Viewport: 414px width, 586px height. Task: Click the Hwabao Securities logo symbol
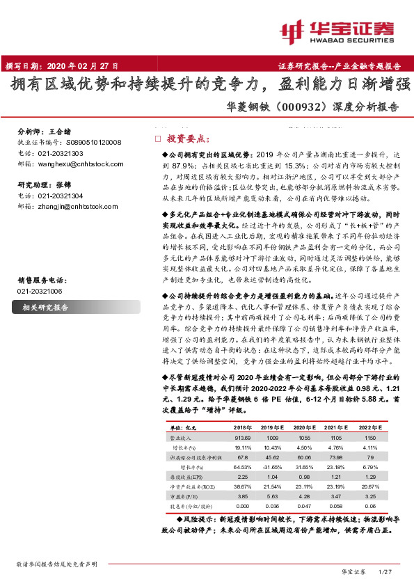[x=293, y=31]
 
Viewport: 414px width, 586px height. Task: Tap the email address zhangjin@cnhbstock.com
[x=71, y=206]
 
